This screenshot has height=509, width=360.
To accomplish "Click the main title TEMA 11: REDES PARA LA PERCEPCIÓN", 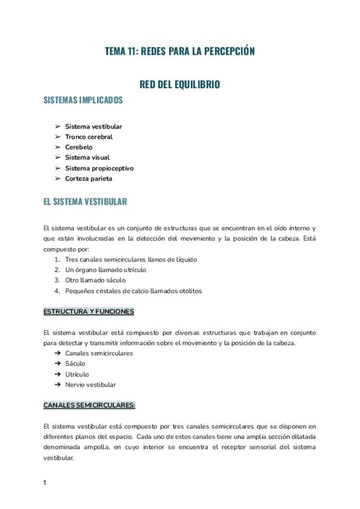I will click(180, 52).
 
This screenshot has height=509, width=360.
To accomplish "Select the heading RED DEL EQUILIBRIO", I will click(180, 85).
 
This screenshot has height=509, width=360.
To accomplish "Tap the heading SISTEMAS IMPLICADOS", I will click(83, 100).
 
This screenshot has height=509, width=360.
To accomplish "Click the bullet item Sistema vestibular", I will click(94, 127).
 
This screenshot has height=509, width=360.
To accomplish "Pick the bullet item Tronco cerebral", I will click(89, 137).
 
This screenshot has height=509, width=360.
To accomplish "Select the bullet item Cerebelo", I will click(79, 147).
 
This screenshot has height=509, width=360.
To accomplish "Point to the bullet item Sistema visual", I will click(87, 157).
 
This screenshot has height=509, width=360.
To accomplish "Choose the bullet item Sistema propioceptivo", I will click(99, 168).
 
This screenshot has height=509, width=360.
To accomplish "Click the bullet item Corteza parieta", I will click(88, 178).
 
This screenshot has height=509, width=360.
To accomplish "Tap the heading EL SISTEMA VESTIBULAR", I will click(85, 202).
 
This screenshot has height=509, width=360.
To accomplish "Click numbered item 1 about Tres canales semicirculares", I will click(131, 259).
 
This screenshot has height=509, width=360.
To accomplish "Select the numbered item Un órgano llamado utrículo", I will click(106, 270).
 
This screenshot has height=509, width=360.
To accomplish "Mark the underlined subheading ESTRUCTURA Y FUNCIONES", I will click(89, 312).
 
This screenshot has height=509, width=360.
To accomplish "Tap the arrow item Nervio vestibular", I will click(91, 385).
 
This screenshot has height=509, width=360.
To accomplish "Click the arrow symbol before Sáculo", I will click(58, 364).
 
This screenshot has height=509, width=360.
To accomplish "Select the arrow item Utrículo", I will click(77, 374).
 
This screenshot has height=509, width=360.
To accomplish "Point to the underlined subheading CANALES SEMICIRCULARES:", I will click(89, 405).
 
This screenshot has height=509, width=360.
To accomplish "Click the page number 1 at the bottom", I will click(45, 483).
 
